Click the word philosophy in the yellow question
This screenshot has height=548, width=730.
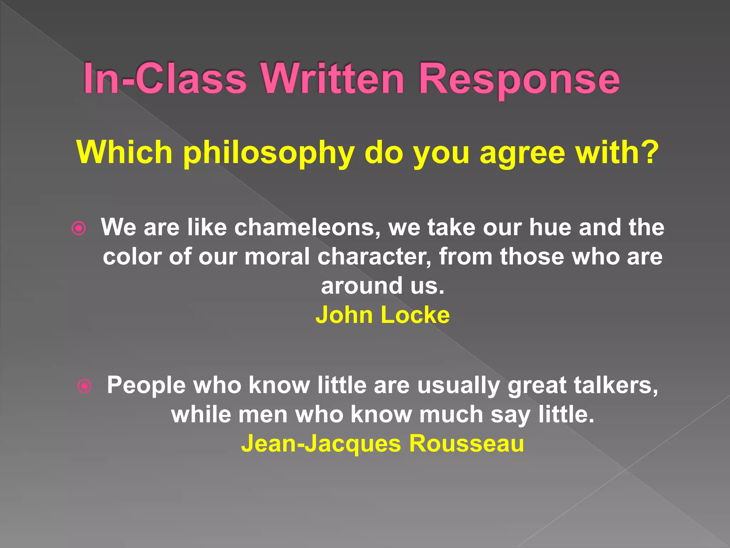tap(269, 153)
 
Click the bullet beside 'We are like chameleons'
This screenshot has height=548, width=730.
tap(79, 228)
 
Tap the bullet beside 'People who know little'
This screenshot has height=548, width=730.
tap(85, 386)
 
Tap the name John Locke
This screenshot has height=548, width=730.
tap(382, 315)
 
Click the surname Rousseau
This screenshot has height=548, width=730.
tap(467, 444)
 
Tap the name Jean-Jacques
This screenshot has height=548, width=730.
tap(321, 445)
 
